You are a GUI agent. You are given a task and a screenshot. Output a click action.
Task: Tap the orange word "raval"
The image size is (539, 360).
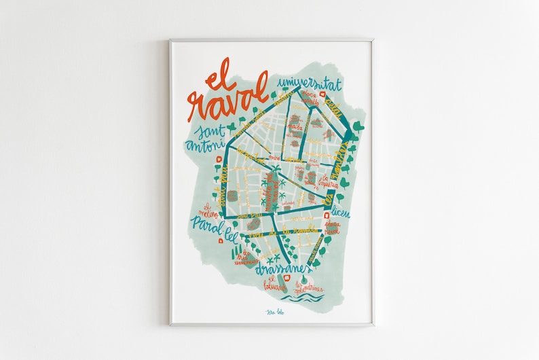pos(227,101)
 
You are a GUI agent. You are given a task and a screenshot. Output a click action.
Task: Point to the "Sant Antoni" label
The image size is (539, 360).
pos(204,139)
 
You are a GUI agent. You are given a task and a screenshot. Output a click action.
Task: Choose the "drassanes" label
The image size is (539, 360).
pos(281,270)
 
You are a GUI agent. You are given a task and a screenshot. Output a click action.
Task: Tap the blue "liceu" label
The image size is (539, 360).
pos(341,213)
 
